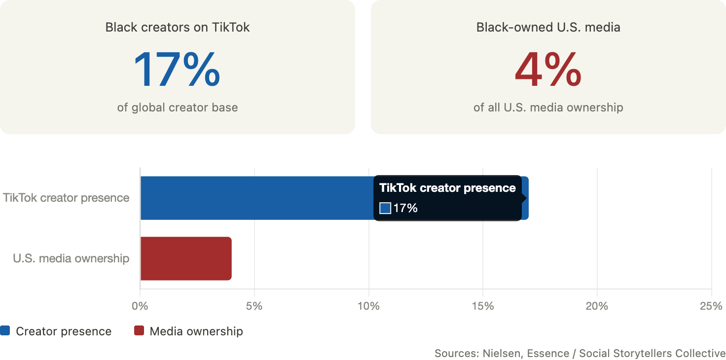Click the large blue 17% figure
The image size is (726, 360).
[177, 70]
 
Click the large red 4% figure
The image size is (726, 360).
[548, 70]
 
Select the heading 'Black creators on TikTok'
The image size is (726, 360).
[177, 27]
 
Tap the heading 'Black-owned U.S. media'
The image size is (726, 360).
[548, 27]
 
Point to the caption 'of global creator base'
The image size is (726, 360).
[177, 107]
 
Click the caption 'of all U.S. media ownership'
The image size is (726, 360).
[548, 107]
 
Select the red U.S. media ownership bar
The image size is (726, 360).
[186, 258]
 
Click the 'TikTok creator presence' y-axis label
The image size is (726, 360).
[66, 198]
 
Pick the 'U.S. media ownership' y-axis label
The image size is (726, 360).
[71, 258]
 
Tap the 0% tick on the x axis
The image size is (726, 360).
[140, 306]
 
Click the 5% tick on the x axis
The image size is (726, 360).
[254, 306]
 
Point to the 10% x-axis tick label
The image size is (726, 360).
[368, 306]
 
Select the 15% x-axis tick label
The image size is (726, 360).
[482, 306]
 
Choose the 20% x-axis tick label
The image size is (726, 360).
[597, 306]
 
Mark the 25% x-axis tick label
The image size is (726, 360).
[711, 306]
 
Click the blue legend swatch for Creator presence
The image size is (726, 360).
[5, 330]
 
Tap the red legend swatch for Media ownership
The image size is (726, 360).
[139, 330]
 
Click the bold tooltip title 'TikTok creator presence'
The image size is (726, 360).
[447, 188]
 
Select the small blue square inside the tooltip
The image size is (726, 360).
[385, 208]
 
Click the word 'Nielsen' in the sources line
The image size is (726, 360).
[503, 353]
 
